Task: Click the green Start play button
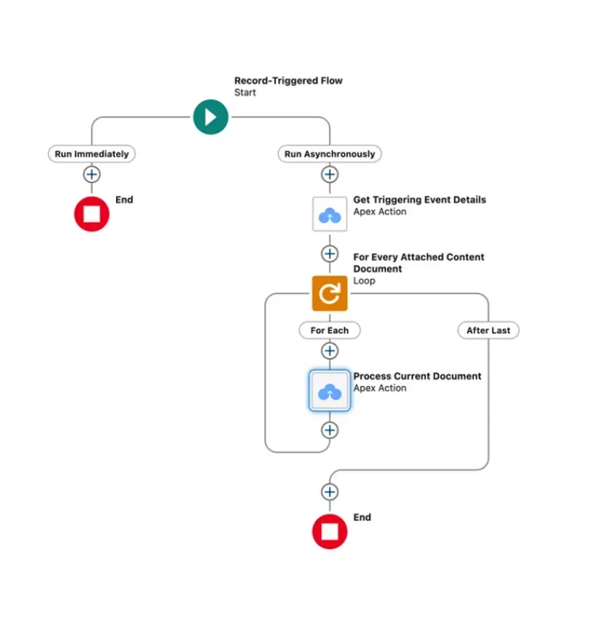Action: coord(210,117)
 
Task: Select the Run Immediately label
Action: coord(92,153)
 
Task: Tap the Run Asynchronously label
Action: coord(329,153)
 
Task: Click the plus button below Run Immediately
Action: coord(92,175)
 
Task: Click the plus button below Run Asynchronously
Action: coord(329,175)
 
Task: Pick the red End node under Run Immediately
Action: coord(92,213)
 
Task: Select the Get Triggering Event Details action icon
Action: coord(329,213)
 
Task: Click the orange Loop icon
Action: coord(329,293)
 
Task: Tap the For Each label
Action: coord(329,330)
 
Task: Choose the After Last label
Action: coord(488,330)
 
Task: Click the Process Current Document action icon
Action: coord(329,390)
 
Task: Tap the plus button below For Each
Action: coord(329,351)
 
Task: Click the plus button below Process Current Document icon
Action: coord(329,430)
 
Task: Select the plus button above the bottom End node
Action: coord(329,492)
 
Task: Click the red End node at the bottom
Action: coord(329,531)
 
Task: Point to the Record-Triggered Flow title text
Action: coord(288,81)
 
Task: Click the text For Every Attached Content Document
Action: coord(418,263)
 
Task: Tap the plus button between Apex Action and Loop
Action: coord(329,254)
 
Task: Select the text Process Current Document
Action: coord(417,376)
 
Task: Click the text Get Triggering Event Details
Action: coord(420,200)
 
